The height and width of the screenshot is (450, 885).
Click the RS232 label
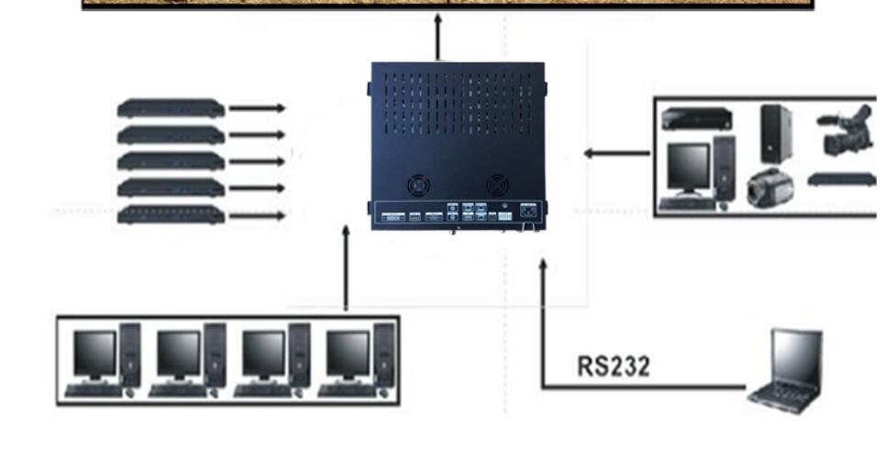coord(614,367)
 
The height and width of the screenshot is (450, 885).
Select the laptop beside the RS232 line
coord(787,368)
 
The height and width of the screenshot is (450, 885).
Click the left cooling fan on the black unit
coord(419,184)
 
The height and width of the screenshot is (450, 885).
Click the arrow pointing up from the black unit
coord(437,38)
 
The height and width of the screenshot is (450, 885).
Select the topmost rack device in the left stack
coord(171,108)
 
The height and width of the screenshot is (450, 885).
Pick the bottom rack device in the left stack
coord(171,215)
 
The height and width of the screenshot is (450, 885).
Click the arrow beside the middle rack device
coord(257,161)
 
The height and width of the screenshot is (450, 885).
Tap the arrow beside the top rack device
coord(257,108)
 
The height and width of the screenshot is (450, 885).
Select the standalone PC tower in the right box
coord(776,133)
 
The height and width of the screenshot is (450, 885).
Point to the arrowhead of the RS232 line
coord(543,266)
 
